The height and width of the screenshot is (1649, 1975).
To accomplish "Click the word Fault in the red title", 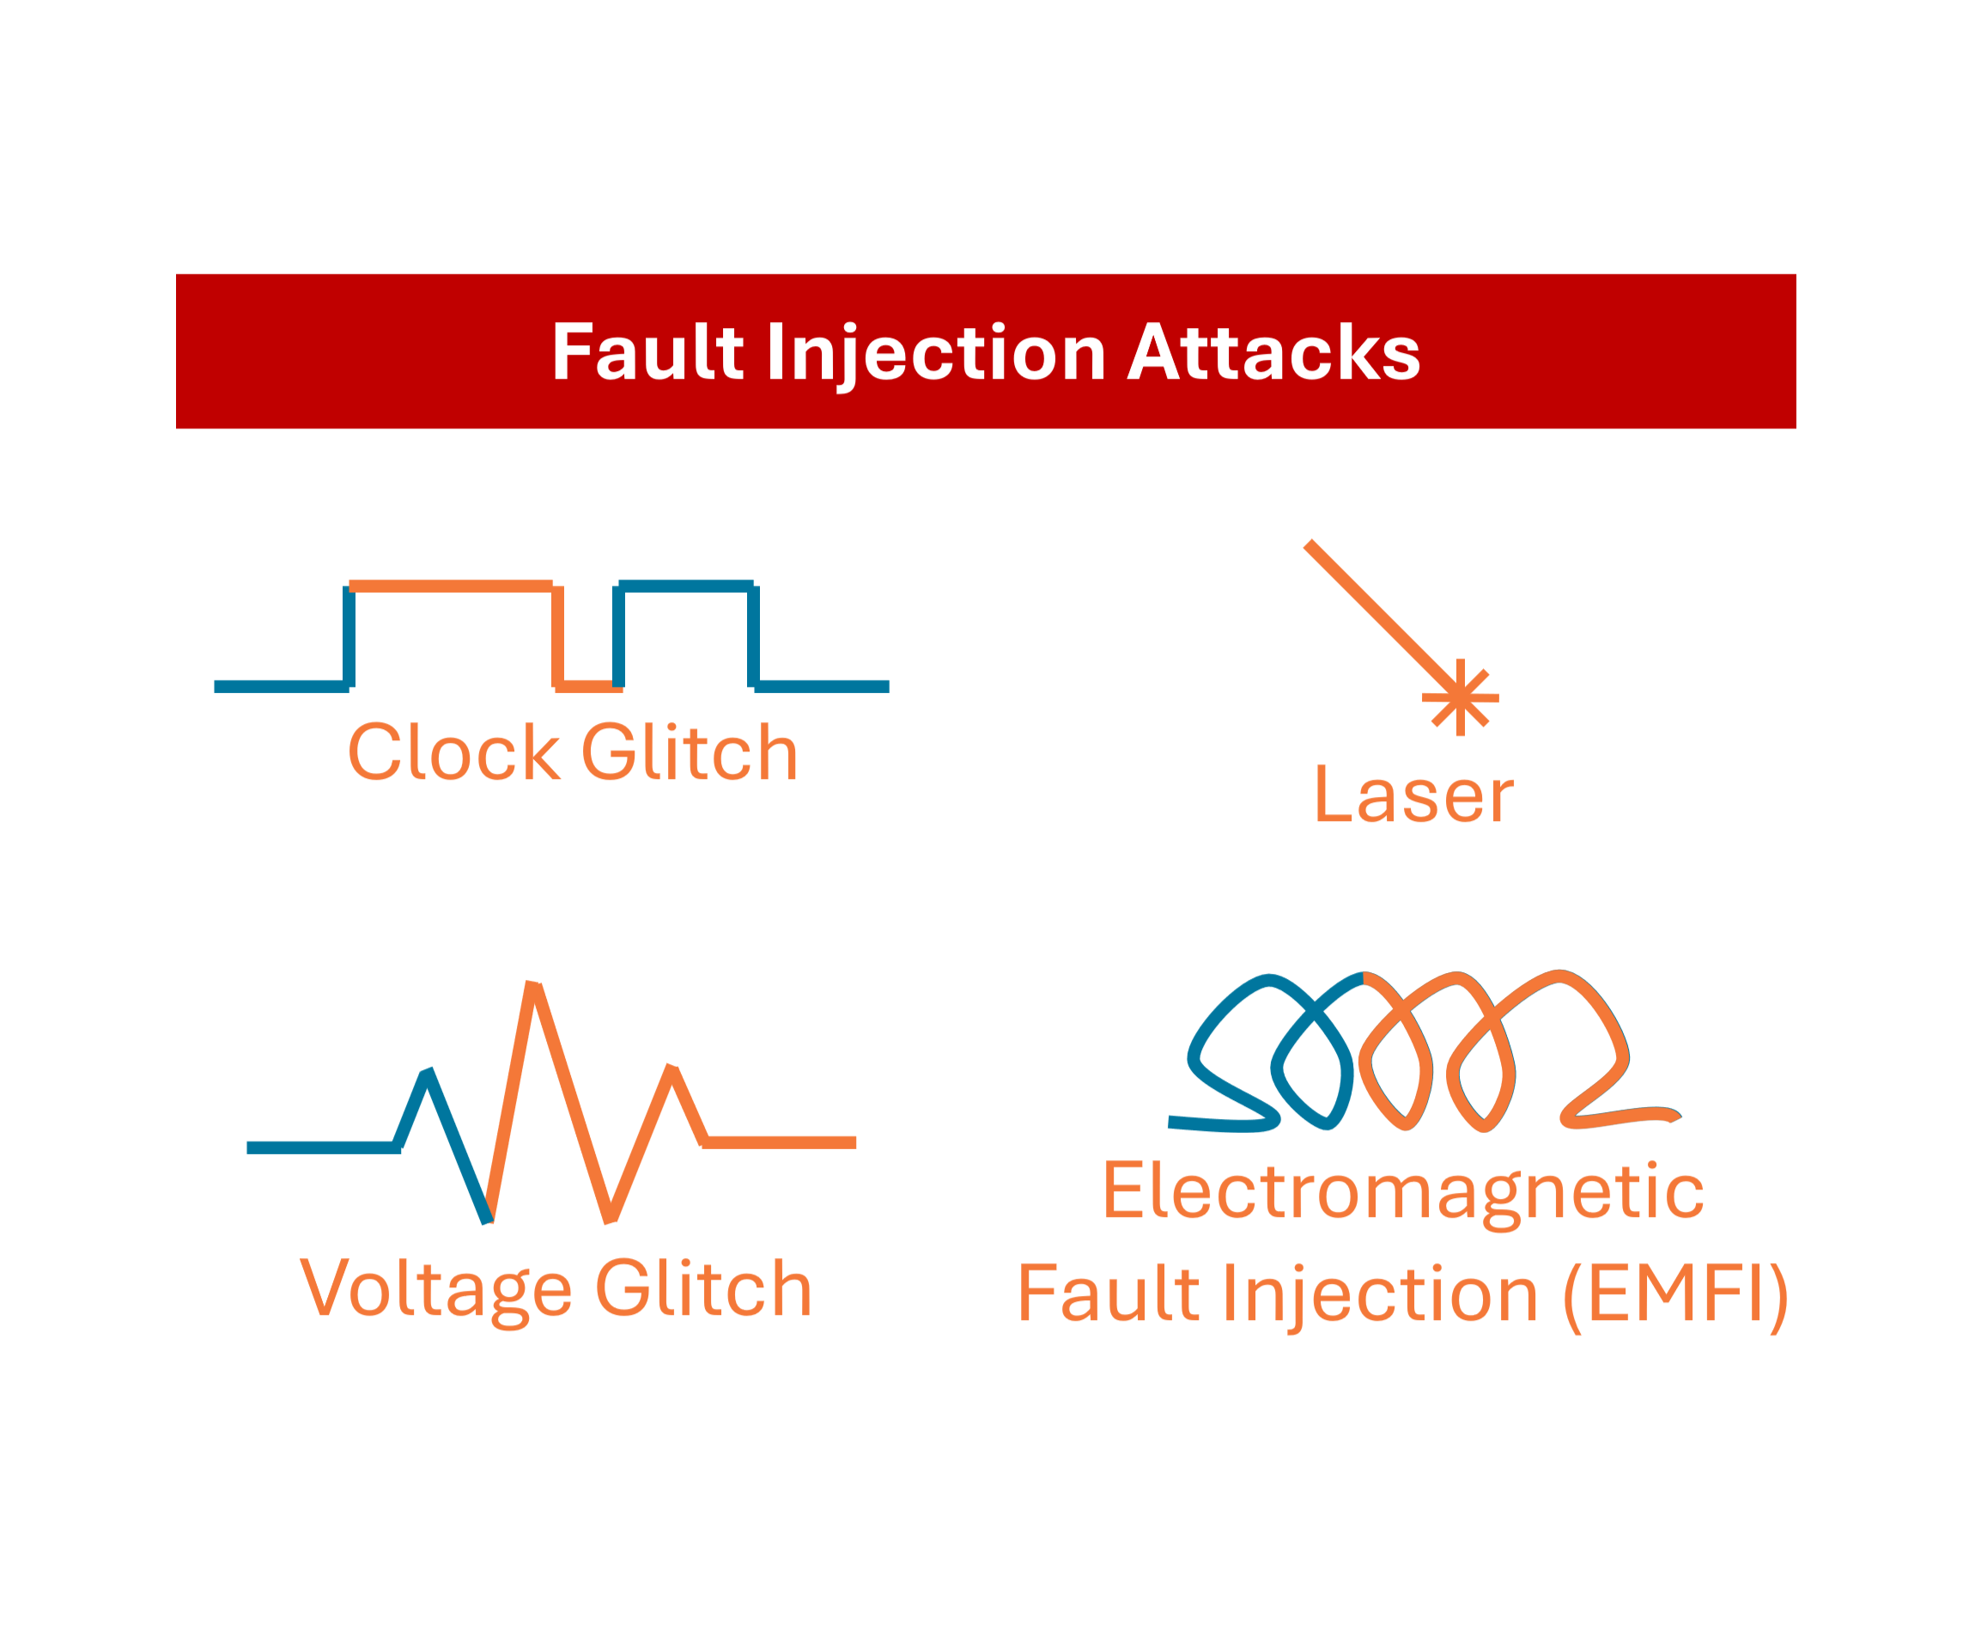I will click(648, 352).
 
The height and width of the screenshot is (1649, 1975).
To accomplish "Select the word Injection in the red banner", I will click(936, 354).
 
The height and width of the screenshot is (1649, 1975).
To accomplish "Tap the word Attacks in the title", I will click(1273, 352).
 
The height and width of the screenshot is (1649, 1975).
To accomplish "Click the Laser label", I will click(1413, 796).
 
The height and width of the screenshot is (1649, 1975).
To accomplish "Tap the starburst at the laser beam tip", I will click(1460, 697).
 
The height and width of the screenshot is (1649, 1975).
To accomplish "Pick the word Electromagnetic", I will click(1402, 1191).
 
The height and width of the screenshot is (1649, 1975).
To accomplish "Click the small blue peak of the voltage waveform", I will click(427, 1075).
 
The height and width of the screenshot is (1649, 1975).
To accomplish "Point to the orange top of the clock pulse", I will click(451, 586).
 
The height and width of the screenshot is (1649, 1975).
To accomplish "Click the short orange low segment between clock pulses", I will click(588, 687).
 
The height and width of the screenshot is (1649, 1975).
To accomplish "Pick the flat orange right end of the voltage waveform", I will click(781, 1142).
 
